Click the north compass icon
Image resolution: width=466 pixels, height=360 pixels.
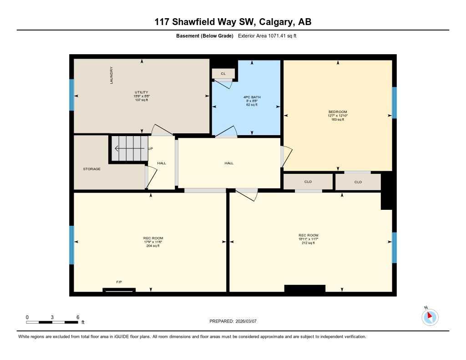430,317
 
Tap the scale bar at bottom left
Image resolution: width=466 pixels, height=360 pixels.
52,322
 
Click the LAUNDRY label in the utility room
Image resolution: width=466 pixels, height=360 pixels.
111,75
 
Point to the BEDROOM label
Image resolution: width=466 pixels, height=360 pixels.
338,112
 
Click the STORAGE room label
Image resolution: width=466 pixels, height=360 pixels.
91,169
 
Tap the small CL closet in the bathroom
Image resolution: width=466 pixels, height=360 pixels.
223,73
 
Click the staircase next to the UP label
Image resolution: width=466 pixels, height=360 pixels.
130,148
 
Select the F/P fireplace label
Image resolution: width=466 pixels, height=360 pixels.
119,282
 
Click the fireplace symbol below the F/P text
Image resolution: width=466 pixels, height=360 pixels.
119,289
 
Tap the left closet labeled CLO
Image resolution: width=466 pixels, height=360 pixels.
308,182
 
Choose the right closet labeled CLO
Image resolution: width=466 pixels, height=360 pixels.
358,182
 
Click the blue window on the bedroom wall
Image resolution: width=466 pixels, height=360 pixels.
394,102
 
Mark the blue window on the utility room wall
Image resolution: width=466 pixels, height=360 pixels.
71,95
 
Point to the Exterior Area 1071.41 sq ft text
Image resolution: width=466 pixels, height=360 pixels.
267,36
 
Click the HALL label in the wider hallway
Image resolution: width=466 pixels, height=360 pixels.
229,163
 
